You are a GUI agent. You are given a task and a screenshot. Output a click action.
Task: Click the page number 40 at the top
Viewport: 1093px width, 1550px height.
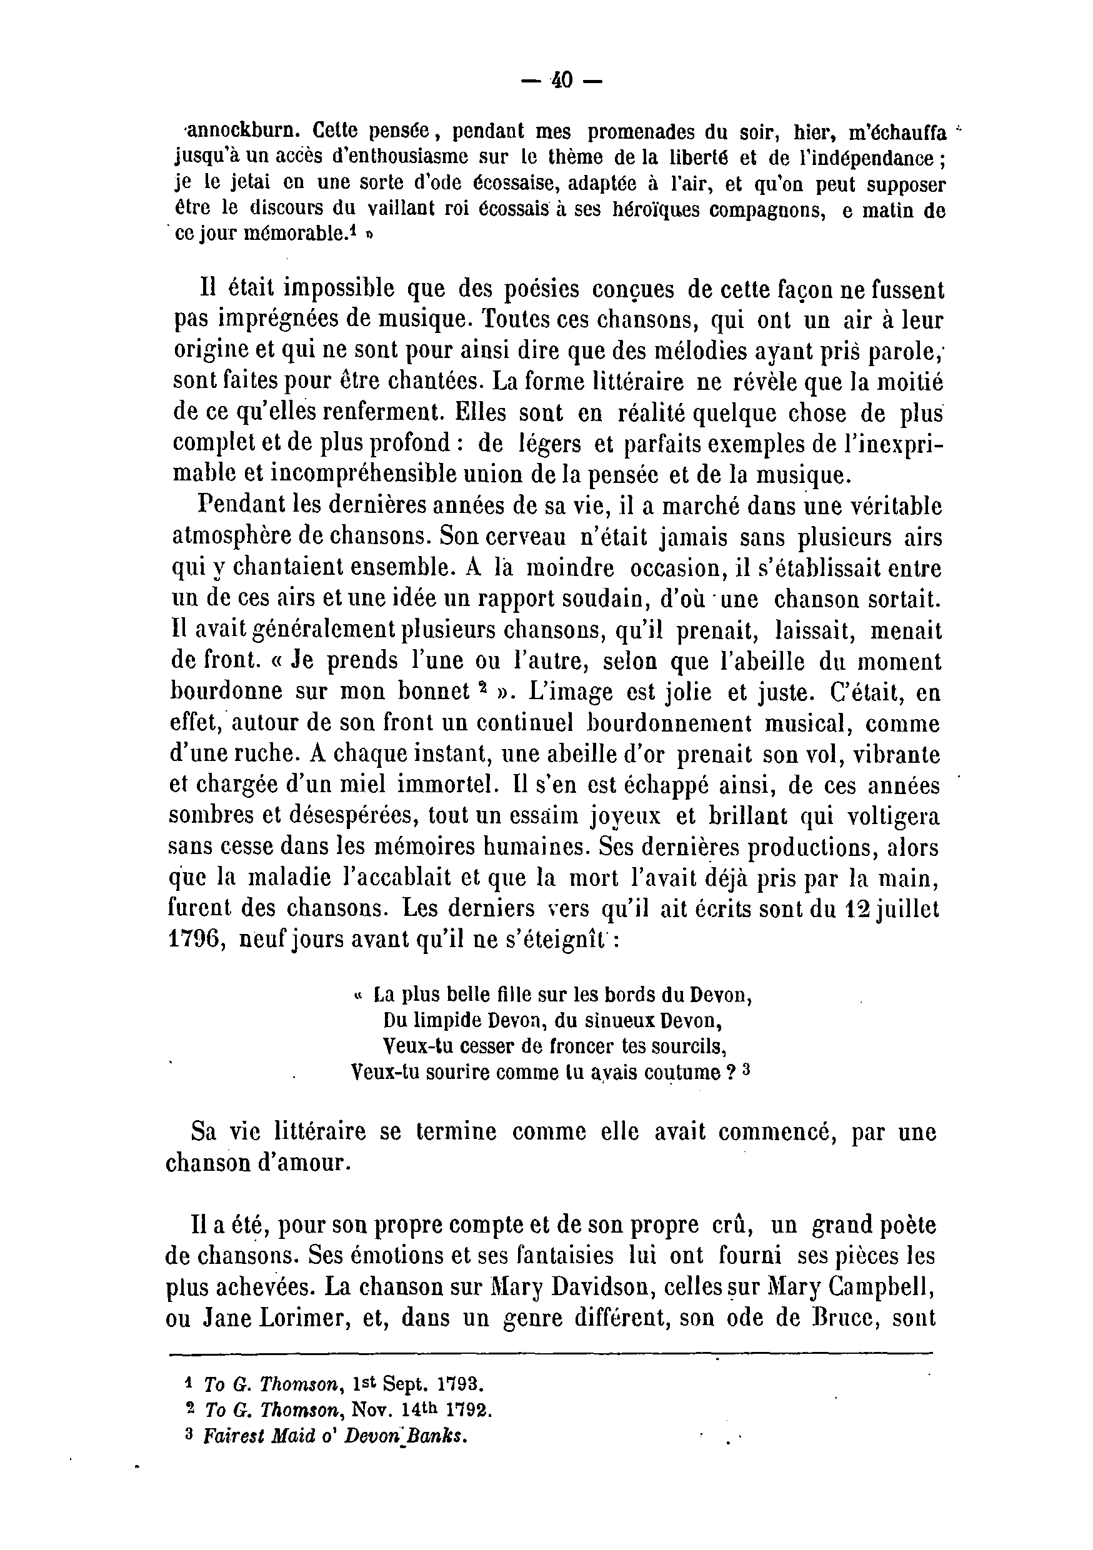(562, 81)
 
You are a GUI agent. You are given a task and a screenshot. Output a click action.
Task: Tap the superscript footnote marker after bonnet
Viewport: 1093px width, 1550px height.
(482, 687)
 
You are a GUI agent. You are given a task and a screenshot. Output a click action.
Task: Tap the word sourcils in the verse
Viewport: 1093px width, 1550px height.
(691, 1046)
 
